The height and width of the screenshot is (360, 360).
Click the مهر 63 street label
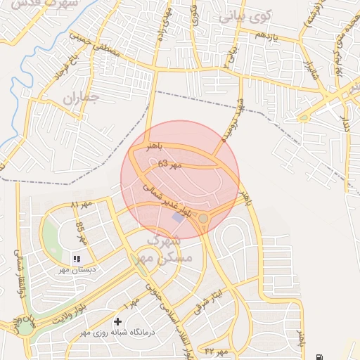(x=169, y=164)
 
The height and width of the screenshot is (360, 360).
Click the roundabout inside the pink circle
(x=203, y=219)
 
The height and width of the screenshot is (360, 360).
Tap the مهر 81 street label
(x=82, y=205)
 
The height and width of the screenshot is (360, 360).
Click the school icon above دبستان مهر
(x=76, y=259)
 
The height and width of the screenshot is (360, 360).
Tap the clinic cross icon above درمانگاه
(x=117, y=321)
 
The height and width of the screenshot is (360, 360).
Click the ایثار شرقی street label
(x=209, y=300)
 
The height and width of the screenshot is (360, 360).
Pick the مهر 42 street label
(x=218, y=349)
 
